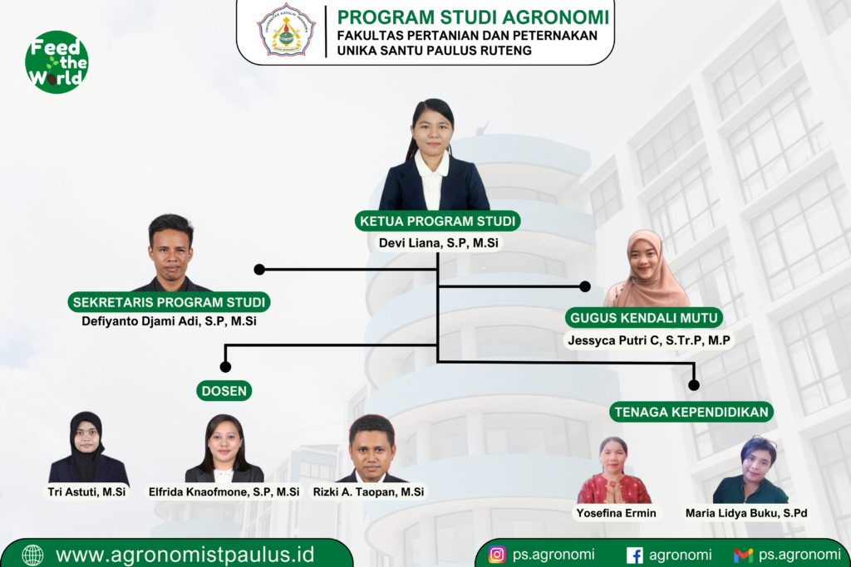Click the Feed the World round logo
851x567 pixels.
point(57,61)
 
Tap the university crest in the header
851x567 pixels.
point(287,30)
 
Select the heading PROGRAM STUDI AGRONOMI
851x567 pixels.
point(473,17)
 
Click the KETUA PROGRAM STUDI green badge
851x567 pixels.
point(437,221)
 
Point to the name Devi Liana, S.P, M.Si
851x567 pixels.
point(439,243)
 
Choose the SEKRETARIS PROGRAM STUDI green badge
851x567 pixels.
point(169,302)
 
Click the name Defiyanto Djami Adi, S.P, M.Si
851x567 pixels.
point(169,321)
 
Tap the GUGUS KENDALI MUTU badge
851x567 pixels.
point(644,318)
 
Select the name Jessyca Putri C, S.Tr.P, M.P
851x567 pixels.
point(648,340)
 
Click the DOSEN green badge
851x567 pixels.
point(224,391)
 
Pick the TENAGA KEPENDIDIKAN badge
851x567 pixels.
point(691,412)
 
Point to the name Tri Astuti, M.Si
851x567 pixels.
point(86,491)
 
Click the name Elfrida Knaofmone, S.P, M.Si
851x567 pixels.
point(224,491)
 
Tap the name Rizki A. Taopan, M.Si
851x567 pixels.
point(368,491)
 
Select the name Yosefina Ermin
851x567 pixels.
point(616,513)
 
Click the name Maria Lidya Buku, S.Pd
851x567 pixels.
point(746,513)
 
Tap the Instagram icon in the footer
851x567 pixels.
point(497,555)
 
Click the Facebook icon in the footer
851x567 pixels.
point(634,555)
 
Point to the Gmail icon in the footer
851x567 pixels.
point(743,555)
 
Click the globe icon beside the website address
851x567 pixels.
point(32,555)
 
